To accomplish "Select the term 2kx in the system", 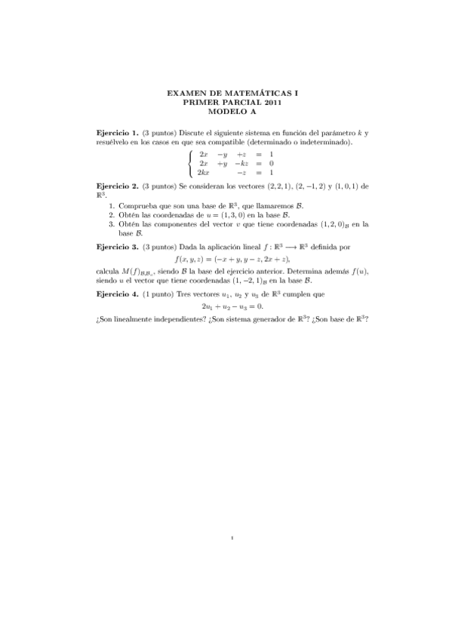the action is (x=204, y=173).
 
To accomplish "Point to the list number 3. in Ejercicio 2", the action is (x=112, y=223).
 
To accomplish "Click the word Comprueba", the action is (x=137, y=205).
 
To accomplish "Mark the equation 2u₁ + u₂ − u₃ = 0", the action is (x=232, y=306).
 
